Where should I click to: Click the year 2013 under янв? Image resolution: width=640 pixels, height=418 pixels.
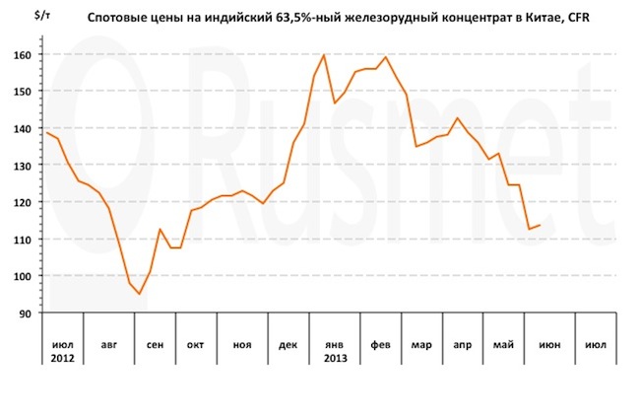335,357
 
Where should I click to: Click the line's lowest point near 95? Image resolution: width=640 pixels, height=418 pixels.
139,294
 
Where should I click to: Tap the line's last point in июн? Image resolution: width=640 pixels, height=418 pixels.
540,226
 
